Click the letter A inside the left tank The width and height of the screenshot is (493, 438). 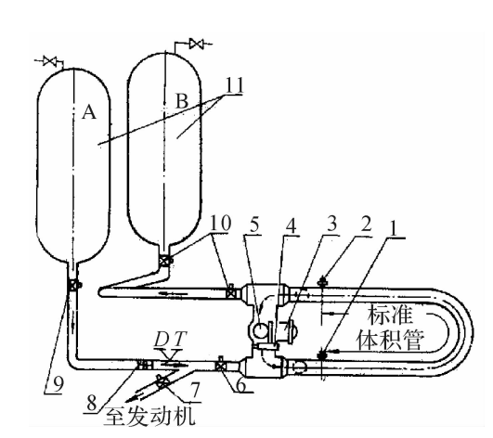(x=89, y=112)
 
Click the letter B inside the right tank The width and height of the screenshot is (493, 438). (x=182, y=101)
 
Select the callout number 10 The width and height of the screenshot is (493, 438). (x=220, y=223)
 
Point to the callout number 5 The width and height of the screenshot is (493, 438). (x=254, y=225)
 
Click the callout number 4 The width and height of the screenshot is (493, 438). (x=291, y=225)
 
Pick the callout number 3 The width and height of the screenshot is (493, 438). (x=331, y=223)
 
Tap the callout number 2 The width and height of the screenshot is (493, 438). (x=366, y=224)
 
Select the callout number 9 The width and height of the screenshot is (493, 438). (x=58, y=384)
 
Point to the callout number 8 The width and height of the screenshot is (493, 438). (x=92, y=403)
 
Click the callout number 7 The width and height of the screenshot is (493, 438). (x=196, y=390)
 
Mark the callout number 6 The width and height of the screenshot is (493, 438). (x=241, y=385)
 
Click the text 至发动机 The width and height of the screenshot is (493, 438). (x=149, y=416)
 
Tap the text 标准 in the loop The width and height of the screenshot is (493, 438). (x=390, y=315)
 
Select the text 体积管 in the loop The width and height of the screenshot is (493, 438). (x=390, y=340)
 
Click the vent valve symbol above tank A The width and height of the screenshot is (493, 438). (x=50, y=60)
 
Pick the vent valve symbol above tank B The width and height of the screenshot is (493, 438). (x=197, y=44)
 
